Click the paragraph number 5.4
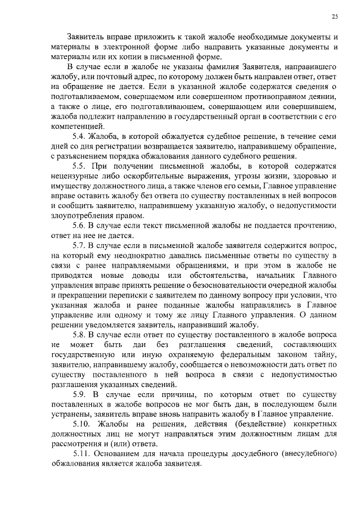point(81,137)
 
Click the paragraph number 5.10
point(83,423)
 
